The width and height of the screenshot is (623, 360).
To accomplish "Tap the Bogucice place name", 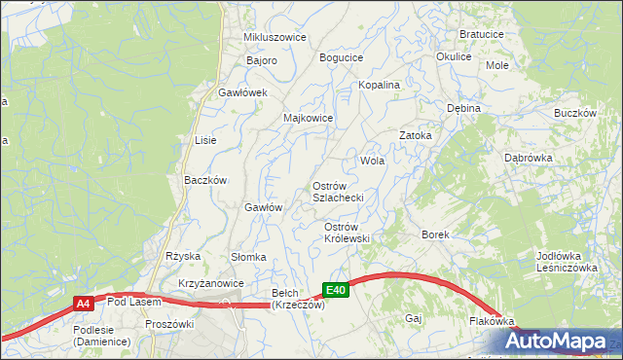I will tap(341, 57).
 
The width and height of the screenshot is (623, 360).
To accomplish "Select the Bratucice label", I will tap(481, 33).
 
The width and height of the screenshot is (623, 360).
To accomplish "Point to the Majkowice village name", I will tap(309, 118).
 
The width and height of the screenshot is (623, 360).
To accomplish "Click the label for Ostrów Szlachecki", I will tap(338, 192).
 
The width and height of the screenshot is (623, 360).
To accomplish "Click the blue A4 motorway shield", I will tap(84, 305).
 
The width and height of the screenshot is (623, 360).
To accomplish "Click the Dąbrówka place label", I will tap(529, 157).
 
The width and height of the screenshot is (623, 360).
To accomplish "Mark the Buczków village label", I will tap(574, 113).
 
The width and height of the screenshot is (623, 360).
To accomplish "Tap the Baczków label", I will tap(205, 180).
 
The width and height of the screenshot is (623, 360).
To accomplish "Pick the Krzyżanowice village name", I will tap(211, 283).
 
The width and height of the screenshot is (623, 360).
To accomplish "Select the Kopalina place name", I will tap(380, 86).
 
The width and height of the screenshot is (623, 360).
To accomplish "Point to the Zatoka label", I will tap(415, 135).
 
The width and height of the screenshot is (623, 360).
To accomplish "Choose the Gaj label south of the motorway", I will tap(413, 318).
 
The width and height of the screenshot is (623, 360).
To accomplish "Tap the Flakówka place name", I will tap(491, 320).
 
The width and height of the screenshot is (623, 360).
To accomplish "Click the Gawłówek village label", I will tap(242, 92).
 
